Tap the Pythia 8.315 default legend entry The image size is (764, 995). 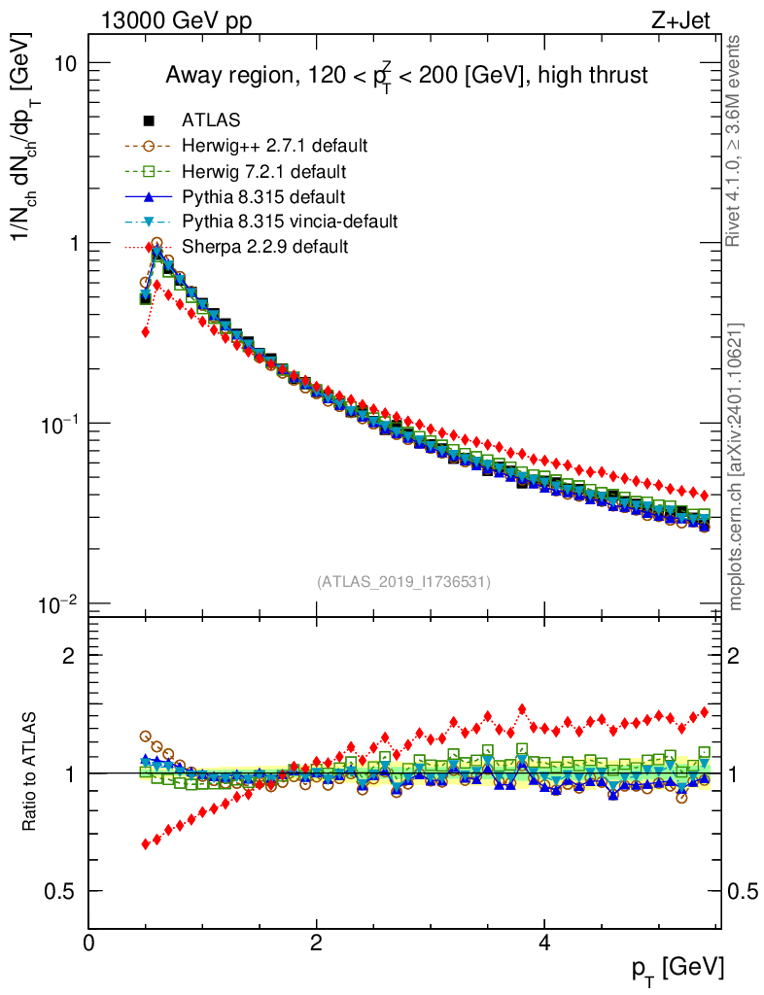point(263,197)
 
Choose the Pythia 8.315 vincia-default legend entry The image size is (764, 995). point(289,222)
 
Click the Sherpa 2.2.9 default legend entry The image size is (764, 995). point(264,247)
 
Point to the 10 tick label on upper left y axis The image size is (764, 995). point(65,63)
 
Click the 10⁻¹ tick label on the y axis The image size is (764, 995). point(58,424)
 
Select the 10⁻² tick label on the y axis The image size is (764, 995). point(58,604)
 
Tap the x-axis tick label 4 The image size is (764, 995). point(544,944)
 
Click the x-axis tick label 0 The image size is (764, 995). point(88,944)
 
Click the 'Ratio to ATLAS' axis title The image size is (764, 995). point(31,772)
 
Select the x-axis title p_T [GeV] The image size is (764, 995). point(677,968)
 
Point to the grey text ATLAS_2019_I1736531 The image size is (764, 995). point(403,582)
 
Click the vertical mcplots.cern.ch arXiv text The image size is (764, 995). point(736,466)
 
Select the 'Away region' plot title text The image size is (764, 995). point(406,76)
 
